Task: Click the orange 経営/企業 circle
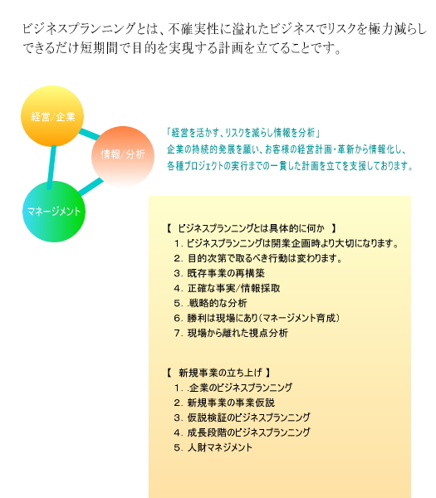[52, 116]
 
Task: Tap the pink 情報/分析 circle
[123, 156]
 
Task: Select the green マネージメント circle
[54, 211]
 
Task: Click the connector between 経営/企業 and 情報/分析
[90, 134]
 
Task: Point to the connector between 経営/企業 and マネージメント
[51, 168]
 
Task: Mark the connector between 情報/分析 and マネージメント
[91, 187]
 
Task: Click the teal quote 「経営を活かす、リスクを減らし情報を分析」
[243, 133]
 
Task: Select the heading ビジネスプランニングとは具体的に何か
[251, 228]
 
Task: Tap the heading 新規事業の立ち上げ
[218, 372]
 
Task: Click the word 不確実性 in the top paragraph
[194, 28]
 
